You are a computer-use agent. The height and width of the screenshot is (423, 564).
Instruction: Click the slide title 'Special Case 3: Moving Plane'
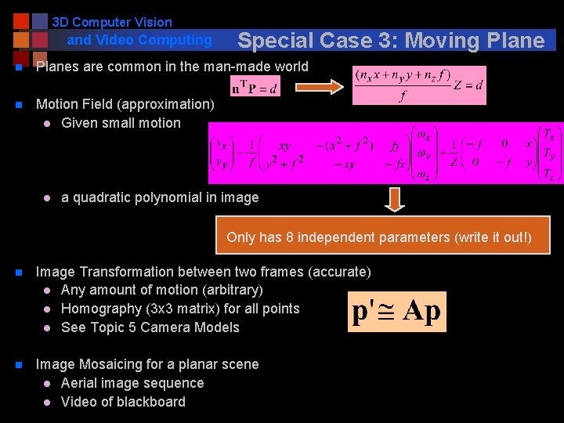390,41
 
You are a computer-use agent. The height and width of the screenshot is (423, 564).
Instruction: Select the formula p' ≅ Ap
396,311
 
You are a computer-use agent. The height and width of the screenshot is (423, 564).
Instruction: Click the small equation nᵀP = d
254,86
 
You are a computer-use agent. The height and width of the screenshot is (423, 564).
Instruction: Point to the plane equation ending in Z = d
418,85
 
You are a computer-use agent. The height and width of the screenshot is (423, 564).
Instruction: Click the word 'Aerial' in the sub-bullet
81,383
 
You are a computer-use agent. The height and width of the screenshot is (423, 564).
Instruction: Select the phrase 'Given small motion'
121,123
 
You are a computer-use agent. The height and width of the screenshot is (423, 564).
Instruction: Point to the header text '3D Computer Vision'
112,23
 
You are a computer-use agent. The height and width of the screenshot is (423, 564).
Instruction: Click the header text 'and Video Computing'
139,40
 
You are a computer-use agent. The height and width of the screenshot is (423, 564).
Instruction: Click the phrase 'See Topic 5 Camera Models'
150,327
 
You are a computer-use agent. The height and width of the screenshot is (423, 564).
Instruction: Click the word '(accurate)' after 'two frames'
340,272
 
